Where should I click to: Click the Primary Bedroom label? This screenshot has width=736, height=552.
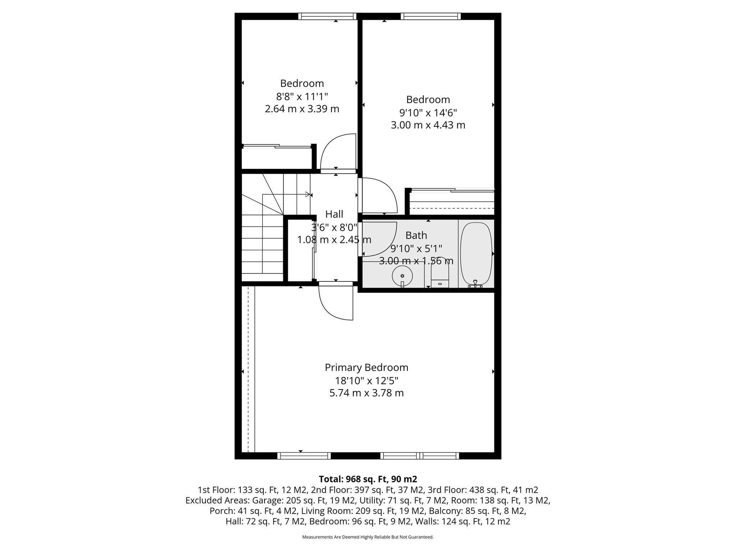[367, 368]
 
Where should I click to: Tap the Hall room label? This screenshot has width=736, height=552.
[334, 214]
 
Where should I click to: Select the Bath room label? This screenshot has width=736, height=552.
[416, 235]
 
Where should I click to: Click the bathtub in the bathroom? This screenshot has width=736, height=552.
[476, 253]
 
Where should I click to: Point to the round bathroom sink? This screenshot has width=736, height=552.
[402, 276]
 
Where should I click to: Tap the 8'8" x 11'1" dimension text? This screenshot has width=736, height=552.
[302, 96]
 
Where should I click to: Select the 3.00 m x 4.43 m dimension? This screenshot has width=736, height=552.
[428, 125]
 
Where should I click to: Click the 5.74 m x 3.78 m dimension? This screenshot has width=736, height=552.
[367, 393]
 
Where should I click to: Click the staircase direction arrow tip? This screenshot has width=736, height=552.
[308, 194]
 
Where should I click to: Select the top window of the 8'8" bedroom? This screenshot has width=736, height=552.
[327, 16]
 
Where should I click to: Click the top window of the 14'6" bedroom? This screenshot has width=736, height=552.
[431, 16]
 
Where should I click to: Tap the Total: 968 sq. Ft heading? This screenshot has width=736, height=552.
[368, 479]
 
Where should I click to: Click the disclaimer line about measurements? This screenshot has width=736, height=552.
[368, 537]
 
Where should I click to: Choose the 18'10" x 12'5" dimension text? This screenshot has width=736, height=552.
[367, 381]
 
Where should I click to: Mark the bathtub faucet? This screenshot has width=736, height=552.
[475, 284]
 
